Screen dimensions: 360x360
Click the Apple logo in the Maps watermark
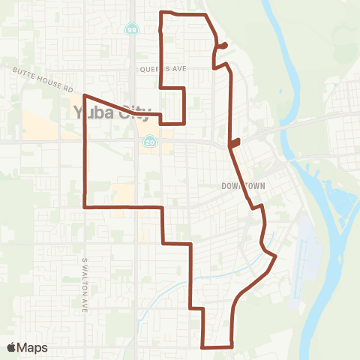(12, 347)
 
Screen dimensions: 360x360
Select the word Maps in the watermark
(34, 347)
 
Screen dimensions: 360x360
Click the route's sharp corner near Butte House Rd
(84, 96)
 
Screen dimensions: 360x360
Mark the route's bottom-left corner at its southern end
(203, 347)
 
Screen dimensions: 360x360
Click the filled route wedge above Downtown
(235, 142)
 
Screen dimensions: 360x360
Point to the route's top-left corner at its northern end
(163, 13)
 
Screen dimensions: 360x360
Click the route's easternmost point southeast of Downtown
(276, 256)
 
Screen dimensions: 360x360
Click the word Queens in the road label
(151, 67)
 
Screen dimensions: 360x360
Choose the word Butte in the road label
(25, 73)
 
